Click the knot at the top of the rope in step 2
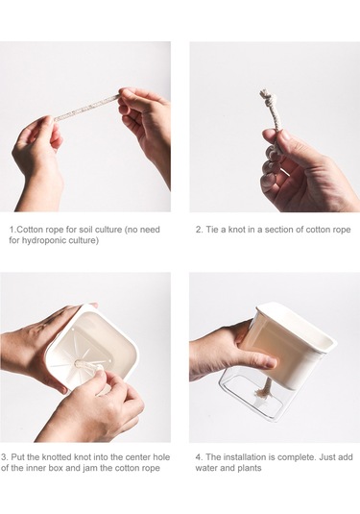(x=267, y=96)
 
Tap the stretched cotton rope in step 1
(x=86, y=108)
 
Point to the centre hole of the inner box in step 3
(x=80, y=363)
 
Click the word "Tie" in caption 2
(x=212, y=230)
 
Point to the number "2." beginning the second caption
(x=200, y=230)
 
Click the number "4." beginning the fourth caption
(x=200, y=457)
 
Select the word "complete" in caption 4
(x=300, y=457)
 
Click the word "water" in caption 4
(x=206, y=468)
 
